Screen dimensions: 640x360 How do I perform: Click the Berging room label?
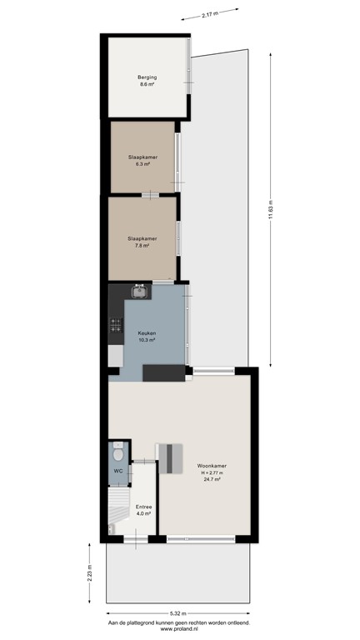(147, 77)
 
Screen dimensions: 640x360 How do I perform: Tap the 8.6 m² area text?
(147, 84)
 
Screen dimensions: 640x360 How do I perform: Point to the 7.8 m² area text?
(143, 245)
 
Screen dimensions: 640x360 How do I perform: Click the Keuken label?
(147, 333)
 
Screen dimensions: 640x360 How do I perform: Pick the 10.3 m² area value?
(147, 340)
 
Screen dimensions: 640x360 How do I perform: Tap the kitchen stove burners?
(114, 328)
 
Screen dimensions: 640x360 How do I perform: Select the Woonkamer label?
(212, 466)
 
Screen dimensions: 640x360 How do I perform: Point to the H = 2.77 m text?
(212, 473)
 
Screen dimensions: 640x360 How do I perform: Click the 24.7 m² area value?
(212, 481)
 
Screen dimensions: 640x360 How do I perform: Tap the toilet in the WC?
(117, 455)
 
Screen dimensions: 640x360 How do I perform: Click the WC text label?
(117, 471)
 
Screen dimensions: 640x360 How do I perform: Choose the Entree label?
(143, 506)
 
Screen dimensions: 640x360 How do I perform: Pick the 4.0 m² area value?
(143, 513)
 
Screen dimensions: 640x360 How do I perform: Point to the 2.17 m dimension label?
(212, 15)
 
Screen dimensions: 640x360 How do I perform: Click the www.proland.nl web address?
(178, 628)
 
